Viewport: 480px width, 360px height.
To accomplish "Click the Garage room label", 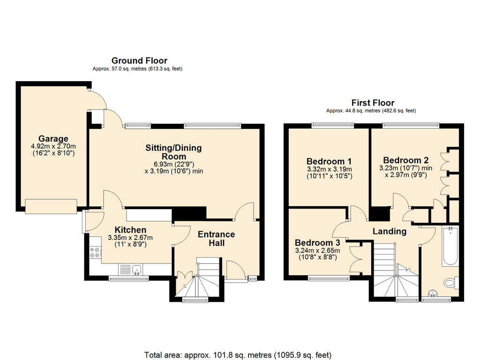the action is pos(53,139).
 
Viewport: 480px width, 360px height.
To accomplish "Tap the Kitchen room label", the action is pos(130,230).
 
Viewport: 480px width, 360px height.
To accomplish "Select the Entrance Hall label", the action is pos(217,239).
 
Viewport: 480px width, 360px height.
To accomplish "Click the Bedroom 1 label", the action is pos(329,161).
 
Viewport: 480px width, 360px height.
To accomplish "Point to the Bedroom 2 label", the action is pos(405,160).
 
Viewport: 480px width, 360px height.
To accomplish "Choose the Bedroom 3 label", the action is pos(317,243).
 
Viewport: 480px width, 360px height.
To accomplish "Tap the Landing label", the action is pos(390,231).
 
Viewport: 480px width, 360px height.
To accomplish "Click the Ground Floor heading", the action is pos(139,60).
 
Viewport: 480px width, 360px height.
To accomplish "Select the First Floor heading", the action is pos(373,103).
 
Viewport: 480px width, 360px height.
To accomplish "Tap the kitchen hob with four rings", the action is pos(95,252).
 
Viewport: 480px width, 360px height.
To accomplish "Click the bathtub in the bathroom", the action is pos(450,246).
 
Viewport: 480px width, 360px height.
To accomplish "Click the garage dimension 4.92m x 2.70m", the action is pos(53,146).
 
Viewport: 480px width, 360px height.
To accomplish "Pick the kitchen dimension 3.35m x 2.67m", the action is pos(130,238).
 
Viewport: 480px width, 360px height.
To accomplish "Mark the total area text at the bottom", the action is pos(238,355).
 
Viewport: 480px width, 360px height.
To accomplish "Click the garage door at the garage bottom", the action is pos(51,206).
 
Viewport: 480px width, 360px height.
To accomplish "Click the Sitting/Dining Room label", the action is pos(173,152).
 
